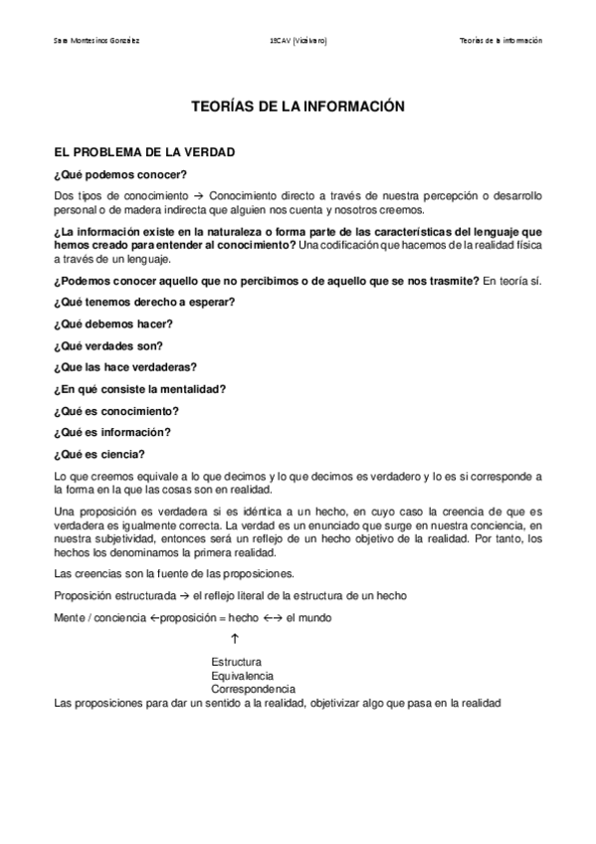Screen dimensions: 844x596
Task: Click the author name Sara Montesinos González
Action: (x=97, y=41)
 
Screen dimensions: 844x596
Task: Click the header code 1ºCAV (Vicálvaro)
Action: (x=298, y=41)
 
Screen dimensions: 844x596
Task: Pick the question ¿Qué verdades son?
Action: (x=107, y=345)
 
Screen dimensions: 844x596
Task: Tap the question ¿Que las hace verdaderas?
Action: (x=124, y=367)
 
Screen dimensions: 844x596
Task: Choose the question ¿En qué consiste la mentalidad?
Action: (x=140, y=389)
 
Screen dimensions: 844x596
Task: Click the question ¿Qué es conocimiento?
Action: (x=116, y=411)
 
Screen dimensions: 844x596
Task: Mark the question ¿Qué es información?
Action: (x=111, y=432)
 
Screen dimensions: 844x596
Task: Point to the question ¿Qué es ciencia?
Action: (x=100, y=454)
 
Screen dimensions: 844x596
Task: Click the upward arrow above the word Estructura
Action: (x=233, y=639)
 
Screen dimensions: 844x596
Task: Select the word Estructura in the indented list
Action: (x=236, y=662)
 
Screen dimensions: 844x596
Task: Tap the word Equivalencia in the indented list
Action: (x=242, y=676)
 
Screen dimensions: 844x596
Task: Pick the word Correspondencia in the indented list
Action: (x=253, y=690)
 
